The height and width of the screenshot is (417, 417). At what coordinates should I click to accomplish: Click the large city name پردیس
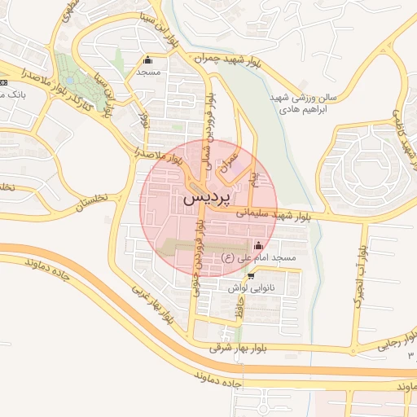[207, 198]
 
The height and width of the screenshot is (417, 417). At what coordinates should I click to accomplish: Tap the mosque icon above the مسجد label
[147, 59]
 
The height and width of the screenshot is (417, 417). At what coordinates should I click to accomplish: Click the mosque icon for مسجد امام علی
[259, 245]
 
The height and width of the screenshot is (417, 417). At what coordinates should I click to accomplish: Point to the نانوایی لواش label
[248, 288]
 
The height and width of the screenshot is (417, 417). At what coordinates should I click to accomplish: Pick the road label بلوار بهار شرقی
[244, 348]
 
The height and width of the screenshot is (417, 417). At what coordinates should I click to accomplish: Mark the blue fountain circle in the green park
[68, 81]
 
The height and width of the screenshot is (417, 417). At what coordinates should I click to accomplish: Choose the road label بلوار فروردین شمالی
[212, 122]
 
